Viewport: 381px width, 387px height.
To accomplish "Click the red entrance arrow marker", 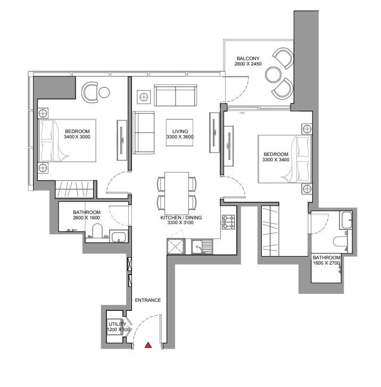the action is (148, 345).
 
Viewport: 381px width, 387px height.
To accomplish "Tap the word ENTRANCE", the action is (148, 300).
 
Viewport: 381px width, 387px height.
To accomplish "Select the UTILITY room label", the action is (118, 324).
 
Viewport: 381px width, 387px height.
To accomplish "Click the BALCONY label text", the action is (248, 59).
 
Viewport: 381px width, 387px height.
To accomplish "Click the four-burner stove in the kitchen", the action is (228, 222).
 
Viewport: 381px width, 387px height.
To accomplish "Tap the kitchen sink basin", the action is (197, 247).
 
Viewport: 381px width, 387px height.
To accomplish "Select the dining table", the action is (177, 193).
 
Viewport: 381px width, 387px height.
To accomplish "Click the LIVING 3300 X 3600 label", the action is (180, 134).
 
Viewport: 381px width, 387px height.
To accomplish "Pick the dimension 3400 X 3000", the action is (77, 137).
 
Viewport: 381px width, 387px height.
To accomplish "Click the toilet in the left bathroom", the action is (97, 230).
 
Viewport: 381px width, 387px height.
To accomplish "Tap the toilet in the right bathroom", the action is (339, 241).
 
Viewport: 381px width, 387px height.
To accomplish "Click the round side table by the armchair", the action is (104, 92).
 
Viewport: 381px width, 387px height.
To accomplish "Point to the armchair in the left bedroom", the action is (90, 92).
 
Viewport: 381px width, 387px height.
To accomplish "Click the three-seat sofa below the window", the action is (176, 95).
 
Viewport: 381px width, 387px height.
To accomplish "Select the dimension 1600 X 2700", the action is (327, 263).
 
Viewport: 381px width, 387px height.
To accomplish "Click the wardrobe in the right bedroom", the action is (270, 231).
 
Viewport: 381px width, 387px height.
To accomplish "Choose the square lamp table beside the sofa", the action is (144, 97).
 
